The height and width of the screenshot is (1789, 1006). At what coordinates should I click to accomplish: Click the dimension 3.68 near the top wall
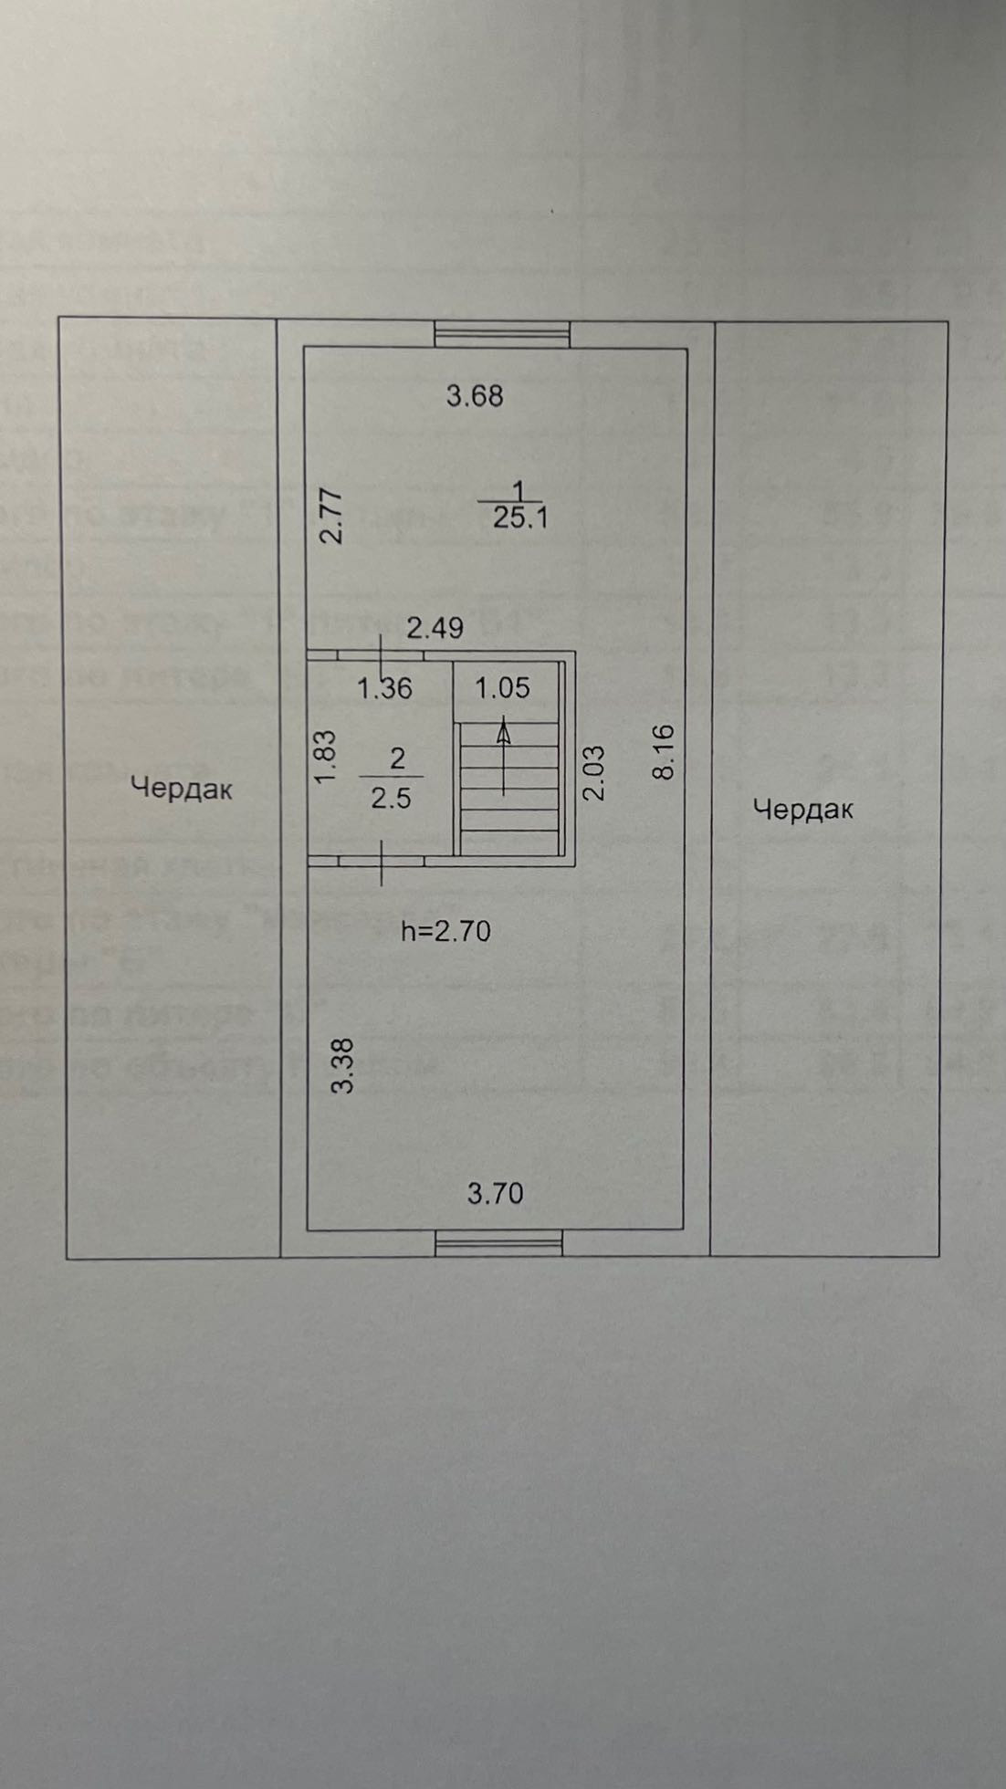click(x=475, y=396)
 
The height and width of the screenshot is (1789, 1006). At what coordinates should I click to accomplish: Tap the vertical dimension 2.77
click(x=334, y=517)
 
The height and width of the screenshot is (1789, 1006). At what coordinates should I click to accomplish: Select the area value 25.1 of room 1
click(x=519, y=518)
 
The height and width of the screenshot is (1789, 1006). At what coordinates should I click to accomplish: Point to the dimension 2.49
click(x=435, y=628)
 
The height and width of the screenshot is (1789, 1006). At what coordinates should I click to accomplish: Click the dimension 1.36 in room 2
click(x=384, y=688)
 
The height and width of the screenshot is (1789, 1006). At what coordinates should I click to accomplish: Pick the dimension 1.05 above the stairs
click(x=502, y=687)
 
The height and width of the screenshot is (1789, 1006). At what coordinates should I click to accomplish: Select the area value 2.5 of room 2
click(x=391, y=799)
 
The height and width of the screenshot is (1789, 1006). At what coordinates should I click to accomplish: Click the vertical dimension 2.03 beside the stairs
click(x=593, y=772)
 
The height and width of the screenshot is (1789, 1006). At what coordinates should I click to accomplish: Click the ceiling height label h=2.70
click(x=446, y=931)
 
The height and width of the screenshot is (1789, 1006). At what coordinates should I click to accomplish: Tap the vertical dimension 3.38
click(x=343, y=1065)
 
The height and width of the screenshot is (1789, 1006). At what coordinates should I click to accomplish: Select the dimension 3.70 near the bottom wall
click(x=496, y=1193)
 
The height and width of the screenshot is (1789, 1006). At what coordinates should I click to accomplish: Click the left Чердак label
click(x=182, y=788)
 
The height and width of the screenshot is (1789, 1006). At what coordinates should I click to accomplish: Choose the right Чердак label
click(x=803, y=809)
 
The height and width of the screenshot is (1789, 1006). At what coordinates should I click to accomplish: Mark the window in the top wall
click(x=502, y=334)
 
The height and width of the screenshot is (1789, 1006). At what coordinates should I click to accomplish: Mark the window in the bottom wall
click(x=498, y=1242)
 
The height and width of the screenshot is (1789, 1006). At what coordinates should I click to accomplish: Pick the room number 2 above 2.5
click(x=396, y=758)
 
